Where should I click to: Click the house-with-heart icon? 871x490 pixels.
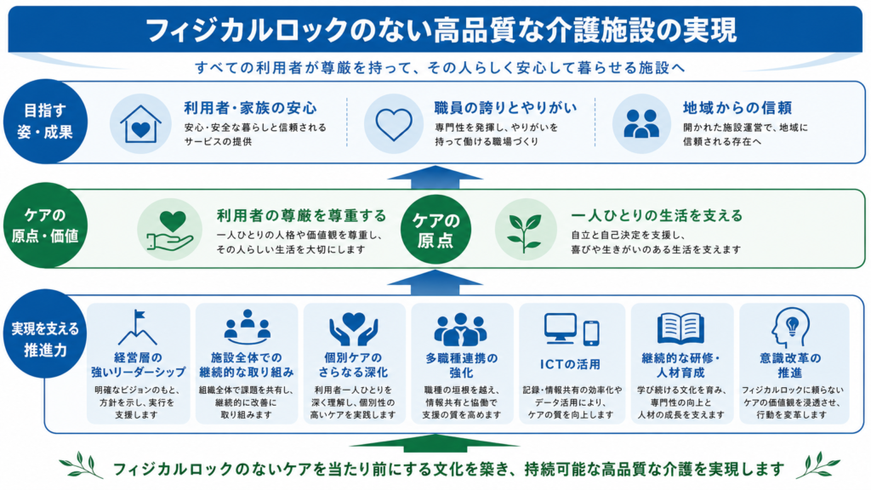click(140, 124)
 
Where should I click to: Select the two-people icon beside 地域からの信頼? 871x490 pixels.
click(641, 123)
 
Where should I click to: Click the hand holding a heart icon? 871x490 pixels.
click(169, 231)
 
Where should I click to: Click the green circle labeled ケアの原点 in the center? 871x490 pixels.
click(435, 230)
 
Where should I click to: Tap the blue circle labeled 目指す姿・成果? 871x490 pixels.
click(45, 122)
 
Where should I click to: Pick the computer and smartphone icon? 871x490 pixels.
click(572, 329)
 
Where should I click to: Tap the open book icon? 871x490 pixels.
click(680, 328)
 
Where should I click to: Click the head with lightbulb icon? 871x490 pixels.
click(790, 328)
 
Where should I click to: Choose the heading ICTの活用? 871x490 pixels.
click(571, 364)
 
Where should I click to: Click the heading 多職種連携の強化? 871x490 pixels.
click(462, 365)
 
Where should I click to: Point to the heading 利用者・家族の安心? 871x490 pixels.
click(251, 108)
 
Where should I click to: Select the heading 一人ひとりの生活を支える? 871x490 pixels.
click(657, 215)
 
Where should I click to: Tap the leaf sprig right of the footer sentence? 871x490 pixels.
click(817, 465)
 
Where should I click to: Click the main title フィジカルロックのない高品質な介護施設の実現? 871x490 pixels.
click(441, 31)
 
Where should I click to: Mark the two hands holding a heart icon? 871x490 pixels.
click(353, 329)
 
